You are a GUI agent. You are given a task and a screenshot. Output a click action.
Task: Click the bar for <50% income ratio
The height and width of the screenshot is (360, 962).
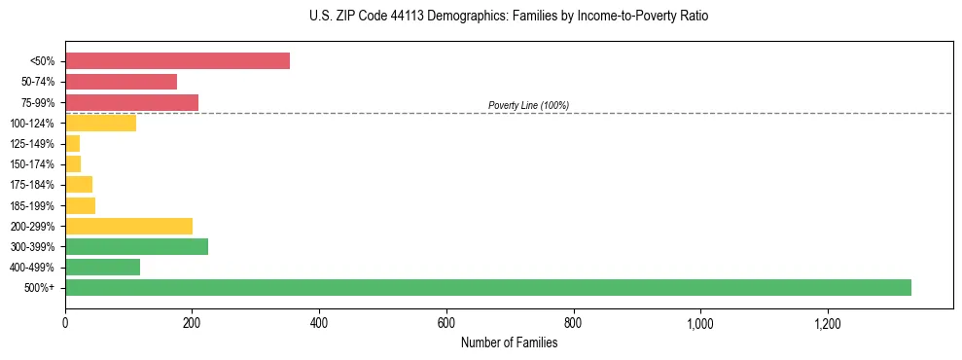177,61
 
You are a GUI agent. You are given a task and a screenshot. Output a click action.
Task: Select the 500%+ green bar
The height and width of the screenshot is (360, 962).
487,287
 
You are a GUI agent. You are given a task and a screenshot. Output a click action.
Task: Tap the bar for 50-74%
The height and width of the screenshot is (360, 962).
121,82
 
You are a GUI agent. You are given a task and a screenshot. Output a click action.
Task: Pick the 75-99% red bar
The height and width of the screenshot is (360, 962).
131,102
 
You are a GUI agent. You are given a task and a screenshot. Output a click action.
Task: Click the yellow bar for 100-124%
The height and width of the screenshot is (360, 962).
100,123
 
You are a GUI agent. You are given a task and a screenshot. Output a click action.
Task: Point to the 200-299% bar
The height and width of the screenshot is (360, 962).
128,226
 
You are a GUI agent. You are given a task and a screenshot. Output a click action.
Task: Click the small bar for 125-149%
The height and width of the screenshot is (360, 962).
73,143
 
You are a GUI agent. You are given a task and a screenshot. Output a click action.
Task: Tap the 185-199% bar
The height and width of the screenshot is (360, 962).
80,205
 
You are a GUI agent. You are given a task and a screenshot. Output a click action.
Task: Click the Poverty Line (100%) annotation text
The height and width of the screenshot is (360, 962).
528,105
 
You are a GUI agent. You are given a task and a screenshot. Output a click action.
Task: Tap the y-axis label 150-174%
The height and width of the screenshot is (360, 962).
33,164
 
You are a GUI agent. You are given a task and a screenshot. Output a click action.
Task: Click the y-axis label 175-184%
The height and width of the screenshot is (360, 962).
33,185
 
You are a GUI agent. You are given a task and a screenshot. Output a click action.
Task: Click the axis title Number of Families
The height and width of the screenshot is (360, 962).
509,342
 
